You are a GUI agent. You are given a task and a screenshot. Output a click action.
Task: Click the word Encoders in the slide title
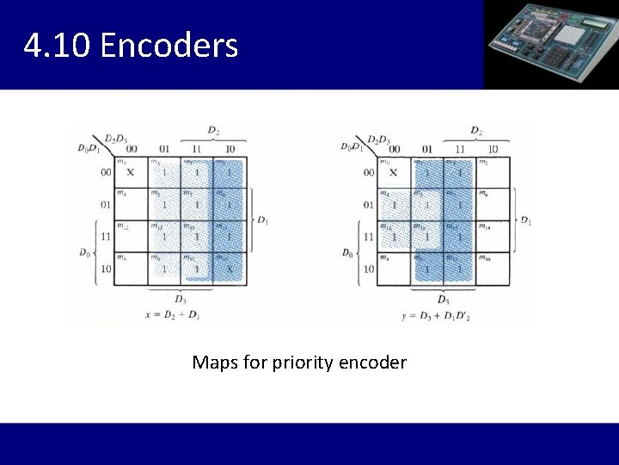[x=169, y=46]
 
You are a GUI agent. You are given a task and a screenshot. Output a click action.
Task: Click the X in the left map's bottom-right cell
[x=229, y=269]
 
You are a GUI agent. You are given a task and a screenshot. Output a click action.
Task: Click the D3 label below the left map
[x=180, y=299]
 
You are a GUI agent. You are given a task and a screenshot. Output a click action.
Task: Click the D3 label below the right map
[x=442, y=300]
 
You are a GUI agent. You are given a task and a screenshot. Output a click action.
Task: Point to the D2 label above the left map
[x=212, y=130]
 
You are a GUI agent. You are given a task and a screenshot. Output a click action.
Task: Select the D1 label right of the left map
[x=262, y=220]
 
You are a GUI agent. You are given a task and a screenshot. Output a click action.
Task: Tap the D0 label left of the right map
[x=346, y=252]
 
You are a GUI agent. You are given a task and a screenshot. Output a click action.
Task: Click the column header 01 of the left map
[x=163, y=148]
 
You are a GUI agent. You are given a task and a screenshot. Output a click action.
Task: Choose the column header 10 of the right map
[x=492, y=148]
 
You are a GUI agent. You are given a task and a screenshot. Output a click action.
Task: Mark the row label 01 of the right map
[x=368, y=205]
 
